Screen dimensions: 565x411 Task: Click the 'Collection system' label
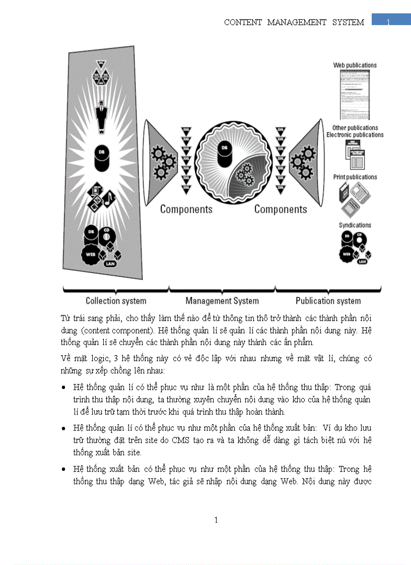pos(116,301)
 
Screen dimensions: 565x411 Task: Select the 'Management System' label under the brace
pos(222,301)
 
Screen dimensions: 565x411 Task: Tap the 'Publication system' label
pos(328,301)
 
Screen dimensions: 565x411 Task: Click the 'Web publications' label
pos(355,65)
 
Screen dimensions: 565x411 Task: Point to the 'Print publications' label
pos(355,177)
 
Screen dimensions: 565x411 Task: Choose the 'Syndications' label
pos(355,225)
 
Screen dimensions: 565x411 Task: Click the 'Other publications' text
pos(355,128)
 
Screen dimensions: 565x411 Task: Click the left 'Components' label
pos(186,209)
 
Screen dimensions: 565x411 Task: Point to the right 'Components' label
pos(281,209)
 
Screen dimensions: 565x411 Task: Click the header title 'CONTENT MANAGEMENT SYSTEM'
pos(294,23)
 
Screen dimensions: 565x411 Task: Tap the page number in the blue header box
pos(389,21)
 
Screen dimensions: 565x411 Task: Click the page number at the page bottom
pos(216,520)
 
